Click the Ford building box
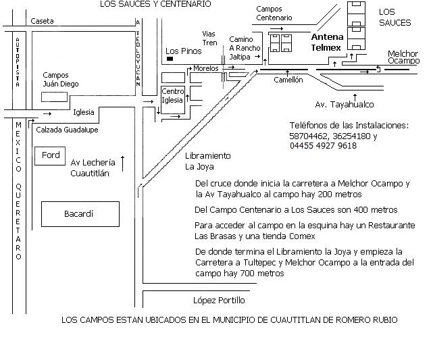tap(50, 156)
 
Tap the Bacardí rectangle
tap(80, 214)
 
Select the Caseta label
tap(42, 21)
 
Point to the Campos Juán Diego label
tap(61, 80)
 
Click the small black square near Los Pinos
tap(170, 59)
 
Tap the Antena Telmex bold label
tap(327, 43)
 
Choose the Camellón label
tap(288, 80)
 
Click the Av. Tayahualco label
tap(345, 105)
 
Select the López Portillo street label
tap(219, 301)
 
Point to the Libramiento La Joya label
tap(208, 161)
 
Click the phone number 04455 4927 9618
tap(323, 146)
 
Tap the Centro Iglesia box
tap(173, 100)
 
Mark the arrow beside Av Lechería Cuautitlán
tap(123, 163)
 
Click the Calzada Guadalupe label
tap(67, 130)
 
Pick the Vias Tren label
tap(209, 38)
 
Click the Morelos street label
tap(206, 68)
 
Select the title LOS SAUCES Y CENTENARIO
tap(155, 4)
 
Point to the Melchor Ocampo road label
tap(403, 57)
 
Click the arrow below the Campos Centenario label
tap(276, 28)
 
